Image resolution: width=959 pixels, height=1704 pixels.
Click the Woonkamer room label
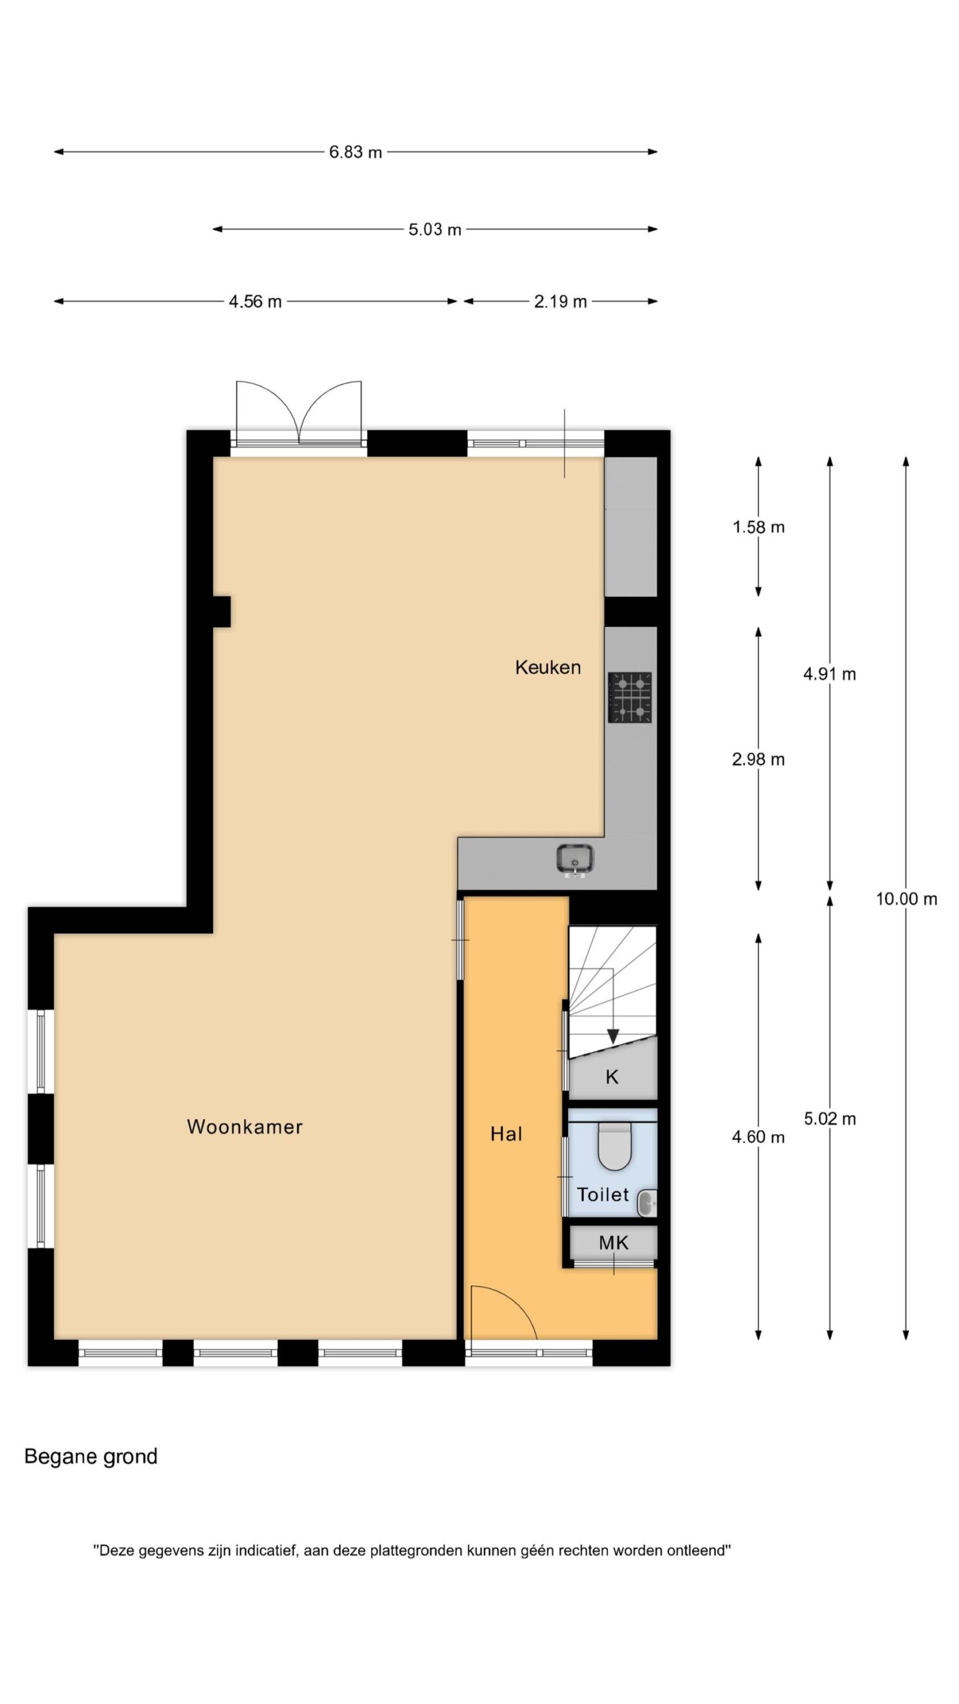click(244, 1126)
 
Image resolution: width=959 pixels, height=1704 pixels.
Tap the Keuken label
click(547, 667)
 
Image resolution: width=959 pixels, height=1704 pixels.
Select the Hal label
click(506, 1134)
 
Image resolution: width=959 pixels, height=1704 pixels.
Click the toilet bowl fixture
click(615, 1146)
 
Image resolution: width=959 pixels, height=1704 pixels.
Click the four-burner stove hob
click(629, 697)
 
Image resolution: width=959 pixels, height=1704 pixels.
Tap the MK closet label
click(613, 1242)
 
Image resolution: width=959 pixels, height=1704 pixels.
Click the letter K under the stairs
click(612, 1076)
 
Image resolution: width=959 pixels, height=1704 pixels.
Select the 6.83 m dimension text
click(356, 152)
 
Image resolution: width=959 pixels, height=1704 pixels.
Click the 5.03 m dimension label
click(435, 230)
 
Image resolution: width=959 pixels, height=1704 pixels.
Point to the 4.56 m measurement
click(255, 302)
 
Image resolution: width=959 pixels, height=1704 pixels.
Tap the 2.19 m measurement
click(560, 302)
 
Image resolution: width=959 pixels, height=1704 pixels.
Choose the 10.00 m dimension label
click(906, 899)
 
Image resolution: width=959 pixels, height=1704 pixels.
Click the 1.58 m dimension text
click(759, 527)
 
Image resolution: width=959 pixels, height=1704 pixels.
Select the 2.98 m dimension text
click(759, 759)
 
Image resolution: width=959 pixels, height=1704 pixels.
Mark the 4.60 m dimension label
click(759, 1137)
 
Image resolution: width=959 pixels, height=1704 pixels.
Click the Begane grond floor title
click(91, 1457)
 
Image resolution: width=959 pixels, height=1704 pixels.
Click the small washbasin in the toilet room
click(647, 1201)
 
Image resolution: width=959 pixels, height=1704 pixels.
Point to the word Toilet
click(603, 1194)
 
